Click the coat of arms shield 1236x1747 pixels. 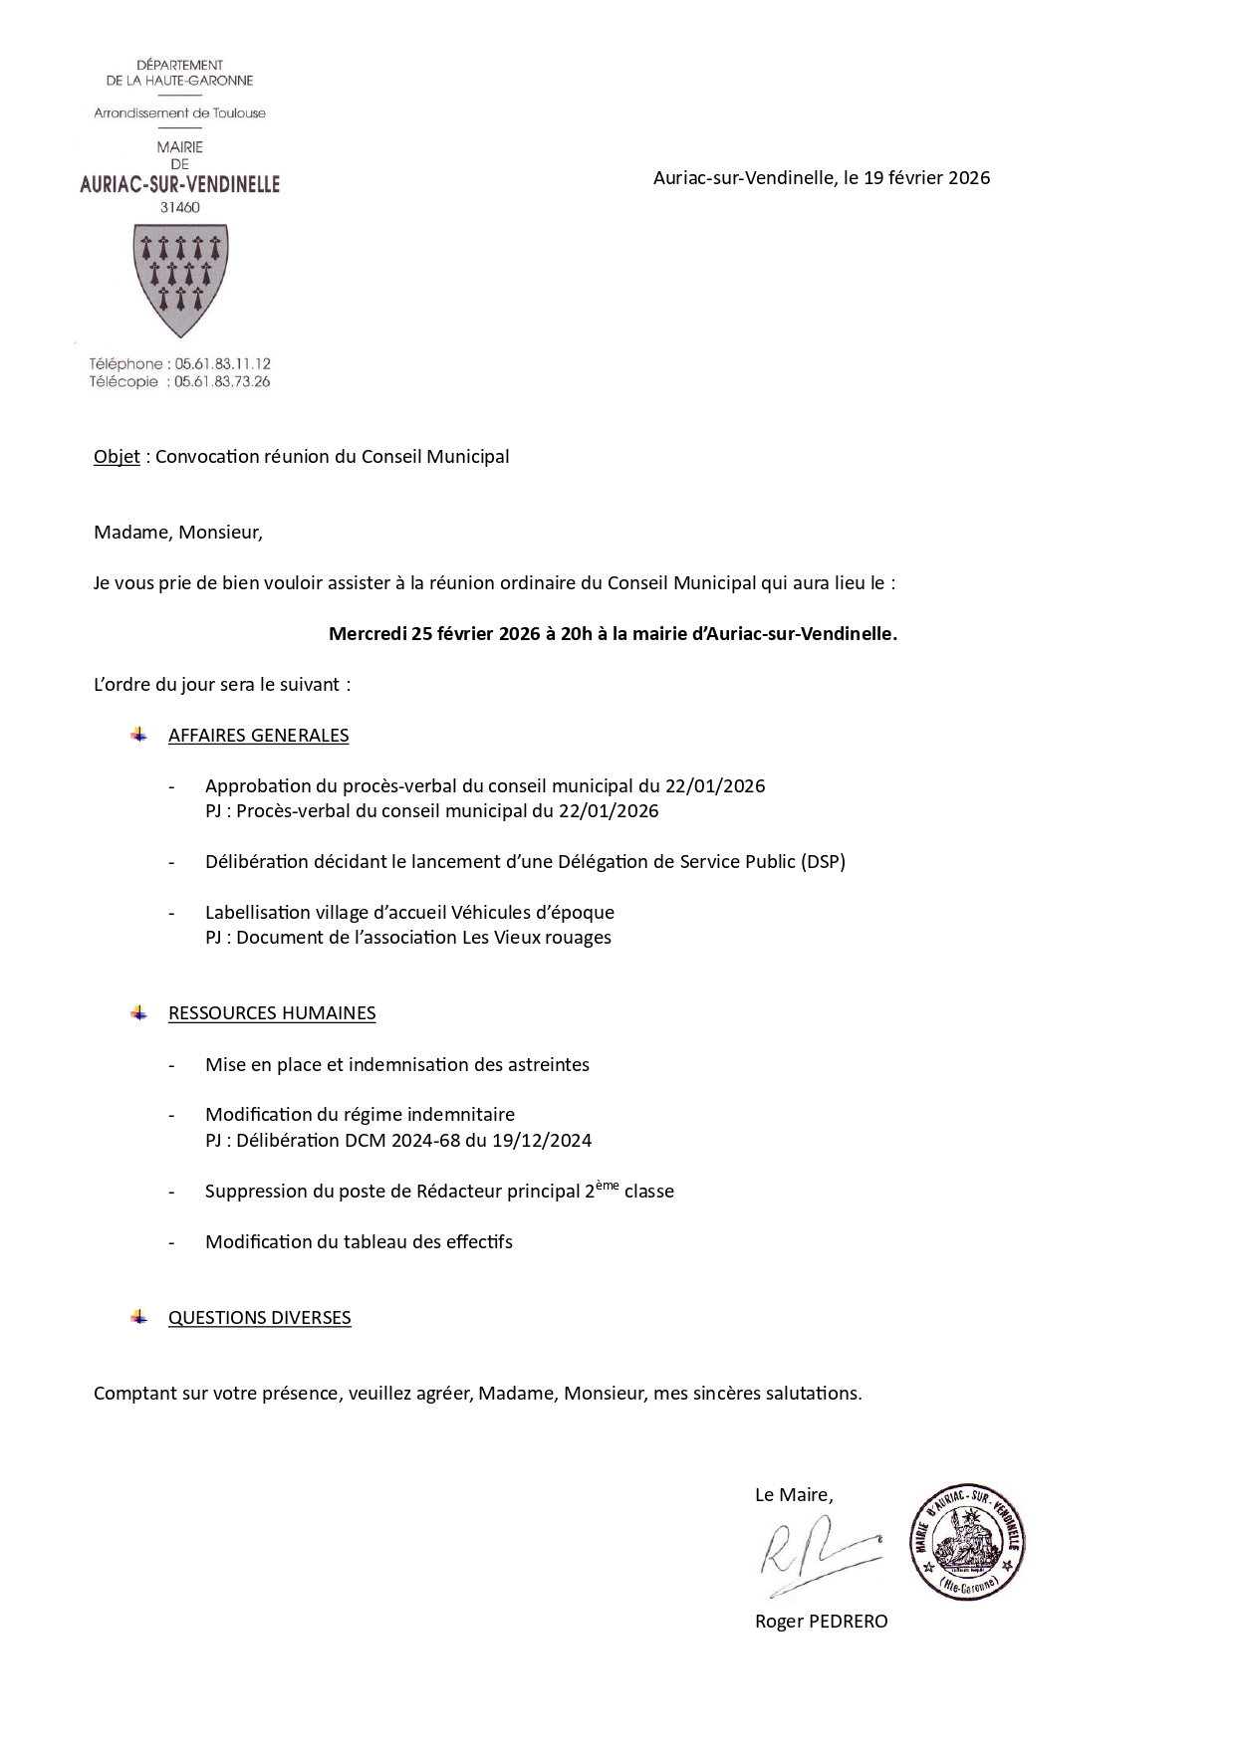pos(180,280)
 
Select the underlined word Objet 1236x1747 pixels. pos(117,457)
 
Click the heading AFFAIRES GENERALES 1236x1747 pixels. pos(258,736)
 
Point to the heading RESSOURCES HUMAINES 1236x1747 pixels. pos(272,1013)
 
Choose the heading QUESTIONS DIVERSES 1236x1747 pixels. pos(259,1318)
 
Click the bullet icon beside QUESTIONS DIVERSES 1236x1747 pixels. pos(138,1317)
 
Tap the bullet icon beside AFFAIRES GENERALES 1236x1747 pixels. pos(138,735)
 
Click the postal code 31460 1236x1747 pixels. pos(179,208)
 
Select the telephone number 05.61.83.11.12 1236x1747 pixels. pos(222,364)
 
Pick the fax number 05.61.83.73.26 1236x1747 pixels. pos(222,381)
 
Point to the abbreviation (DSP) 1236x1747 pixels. pos(823,862)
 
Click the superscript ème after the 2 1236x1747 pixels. pos(608,1185)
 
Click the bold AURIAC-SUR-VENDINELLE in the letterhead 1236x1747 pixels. pos(179,184)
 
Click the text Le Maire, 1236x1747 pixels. pos(794,1495)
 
